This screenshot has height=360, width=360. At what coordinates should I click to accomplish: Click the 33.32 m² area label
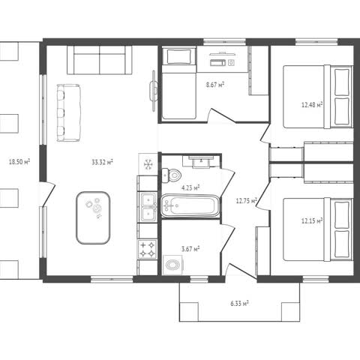pos(102,162)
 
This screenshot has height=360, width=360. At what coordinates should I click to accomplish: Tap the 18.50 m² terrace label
pos(19,162)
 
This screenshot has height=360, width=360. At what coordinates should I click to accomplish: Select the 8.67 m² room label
pos(214,85)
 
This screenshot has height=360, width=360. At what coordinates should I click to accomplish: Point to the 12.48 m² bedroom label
pos(312,104)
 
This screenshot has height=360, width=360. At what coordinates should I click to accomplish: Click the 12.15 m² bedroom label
pos(312,220)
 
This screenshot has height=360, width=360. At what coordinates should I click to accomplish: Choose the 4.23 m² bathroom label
pos(190,187)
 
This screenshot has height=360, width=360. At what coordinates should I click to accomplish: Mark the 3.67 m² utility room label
pos(190,249)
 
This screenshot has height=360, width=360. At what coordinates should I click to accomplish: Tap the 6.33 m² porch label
pos(239,304)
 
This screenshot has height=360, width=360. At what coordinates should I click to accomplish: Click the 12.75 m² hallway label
pos(247,200)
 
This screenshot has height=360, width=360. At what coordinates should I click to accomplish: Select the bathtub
pos(190,205)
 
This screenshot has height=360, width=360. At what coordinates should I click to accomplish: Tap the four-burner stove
pos(148,249)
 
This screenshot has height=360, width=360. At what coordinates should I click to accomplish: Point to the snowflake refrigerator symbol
pos(148,164)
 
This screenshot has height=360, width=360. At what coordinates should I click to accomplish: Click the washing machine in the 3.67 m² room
pos(173,265)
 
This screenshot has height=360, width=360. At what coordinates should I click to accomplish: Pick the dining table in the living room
pos(93,217)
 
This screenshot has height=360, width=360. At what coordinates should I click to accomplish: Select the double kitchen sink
pos(148,207)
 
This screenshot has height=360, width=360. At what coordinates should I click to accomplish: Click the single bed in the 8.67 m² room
pos(178,84)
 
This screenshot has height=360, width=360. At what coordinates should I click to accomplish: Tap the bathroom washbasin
pos(201,162)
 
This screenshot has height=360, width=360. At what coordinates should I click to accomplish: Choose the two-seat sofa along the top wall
pos(100,60)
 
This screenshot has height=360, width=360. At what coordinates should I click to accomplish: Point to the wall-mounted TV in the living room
pos(153,91)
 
